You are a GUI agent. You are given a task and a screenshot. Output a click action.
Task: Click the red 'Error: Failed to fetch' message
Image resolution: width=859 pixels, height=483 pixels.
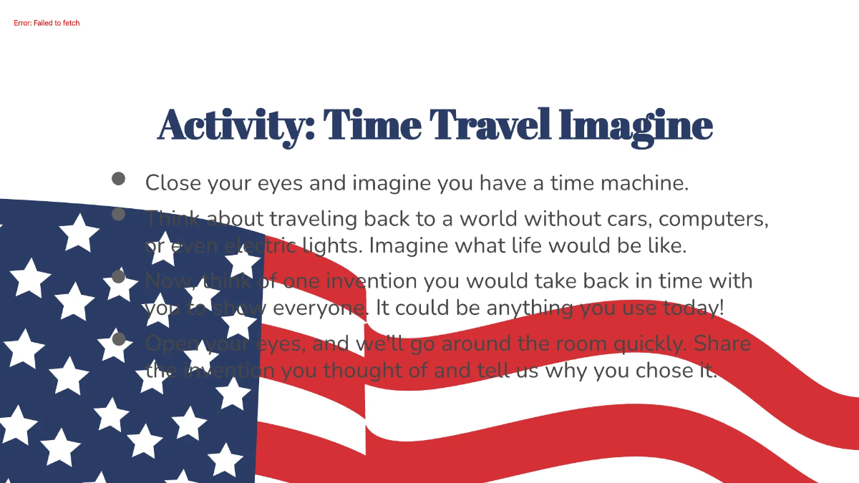coord(47,23)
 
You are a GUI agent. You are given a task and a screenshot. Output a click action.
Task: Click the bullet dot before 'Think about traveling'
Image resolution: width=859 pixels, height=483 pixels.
coord(119,213)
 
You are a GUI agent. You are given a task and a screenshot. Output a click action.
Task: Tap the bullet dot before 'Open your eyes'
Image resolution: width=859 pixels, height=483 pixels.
coord(119,338)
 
